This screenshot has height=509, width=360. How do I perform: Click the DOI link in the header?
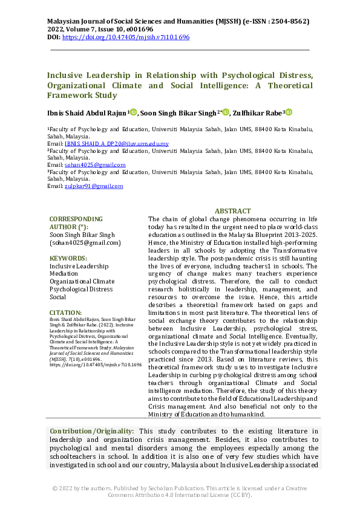click(126, 37)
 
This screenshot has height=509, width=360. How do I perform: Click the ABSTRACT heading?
click(233, 211)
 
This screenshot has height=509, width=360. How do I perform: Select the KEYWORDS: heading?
click(70, 258)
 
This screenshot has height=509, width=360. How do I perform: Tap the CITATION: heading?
click(66, 313)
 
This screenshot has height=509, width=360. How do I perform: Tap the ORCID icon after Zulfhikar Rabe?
click(289, 112)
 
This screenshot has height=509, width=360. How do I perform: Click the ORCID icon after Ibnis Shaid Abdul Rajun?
click(134, 112)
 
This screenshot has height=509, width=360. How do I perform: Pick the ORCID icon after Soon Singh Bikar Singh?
click(226, 112)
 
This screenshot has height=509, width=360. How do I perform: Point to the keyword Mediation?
click(65, 273)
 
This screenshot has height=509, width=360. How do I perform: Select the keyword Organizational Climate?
click(82, 281)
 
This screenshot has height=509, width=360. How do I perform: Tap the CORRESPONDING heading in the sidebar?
click(76, 219)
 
